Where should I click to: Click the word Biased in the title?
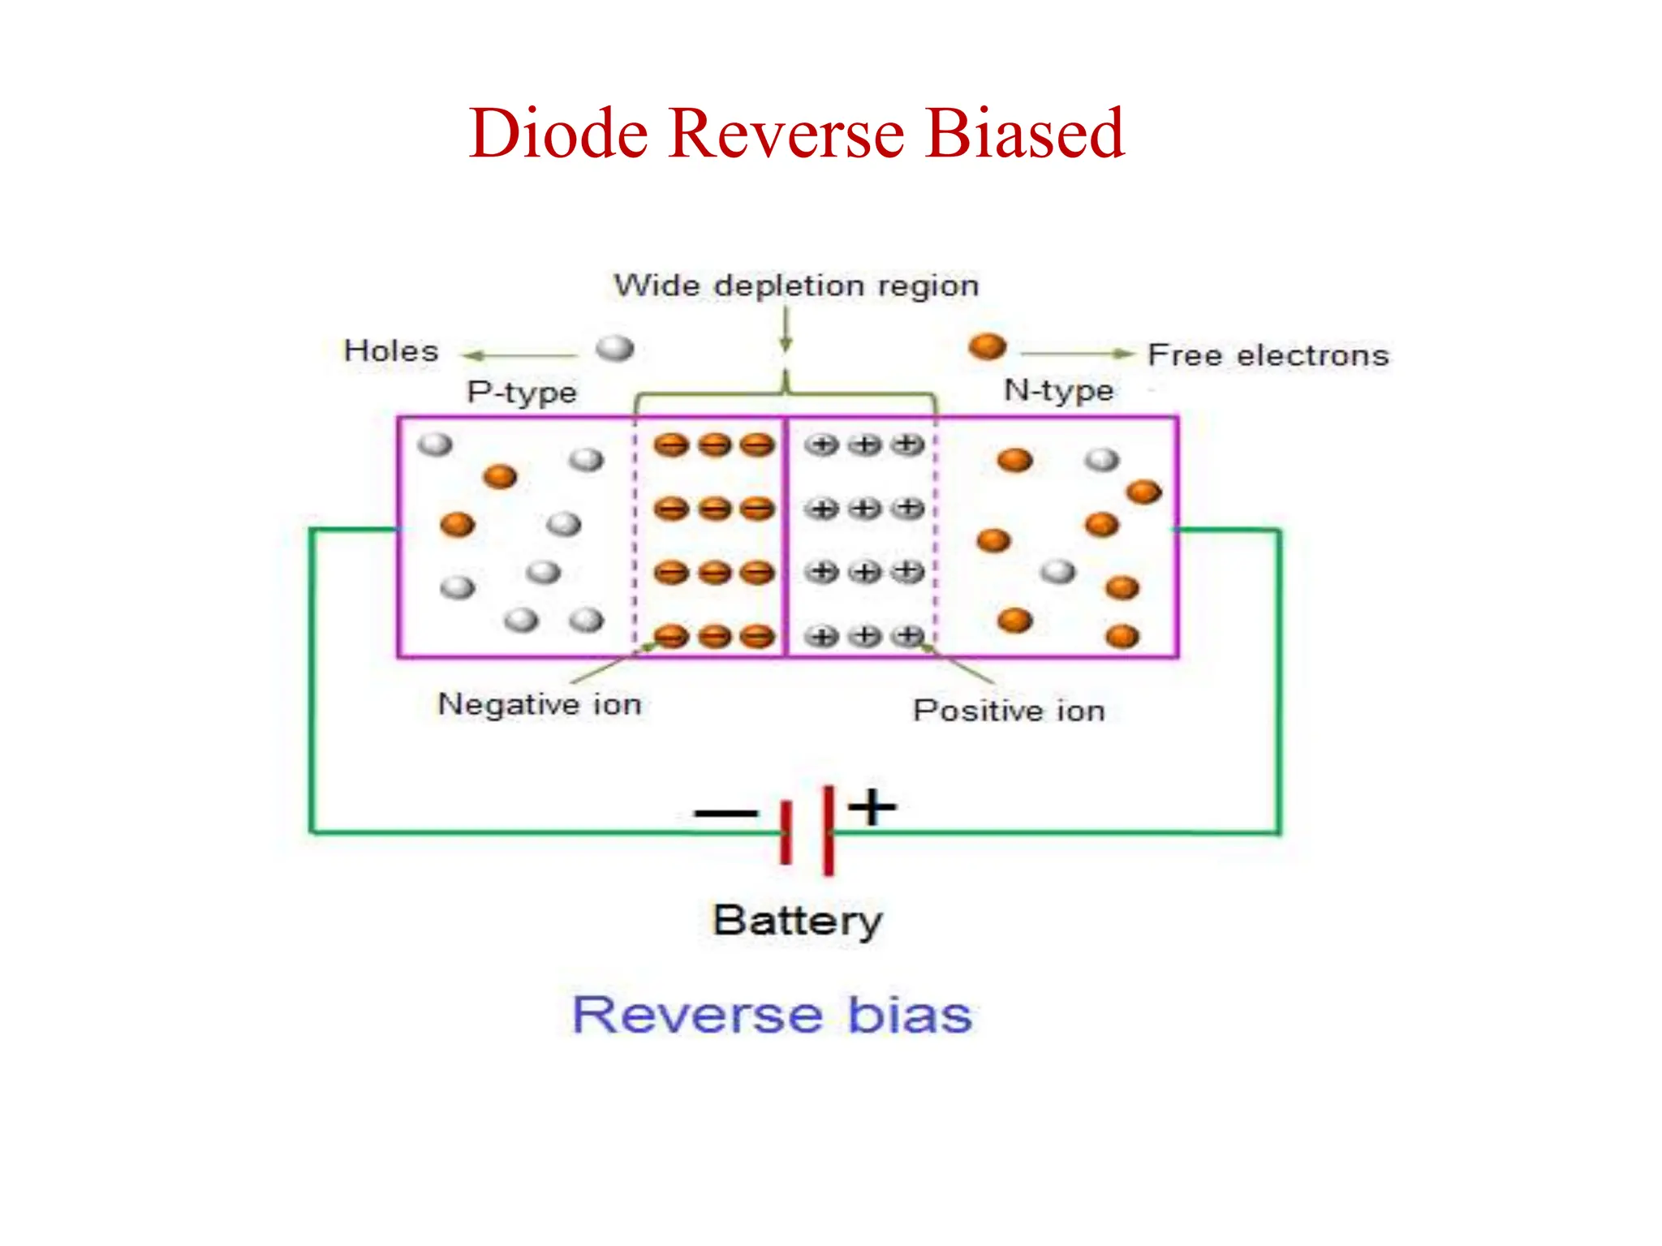click(x=1024, y=134)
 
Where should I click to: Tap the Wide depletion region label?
click(x=796, y=286)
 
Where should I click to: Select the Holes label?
click(x=391, y=351)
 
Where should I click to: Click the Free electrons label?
click(x=1268, y=355)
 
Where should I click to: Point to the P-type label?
click(x=522, y=392)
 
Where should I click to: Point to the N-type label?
click(x=1059, y=390)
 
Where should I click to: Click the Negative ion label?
click(x=540, y=703)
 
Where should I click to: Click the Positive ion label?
click(x=1009, y=711)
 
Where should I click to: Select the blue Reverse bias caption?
click(x=773, y=1015)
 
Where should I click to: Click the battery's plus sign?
click(x=872, y=807)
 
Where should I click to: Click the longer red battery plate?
click(x=828, y=830)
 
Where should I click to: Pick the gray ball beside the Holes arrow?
click(x=614, y=349)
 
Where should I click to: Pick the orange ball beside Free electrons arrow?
click(x=987, y=346)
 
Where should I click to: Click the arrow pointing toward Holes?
click(x=519, y=355)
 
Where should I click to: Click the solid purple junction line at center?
click(x=785, y=535)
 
